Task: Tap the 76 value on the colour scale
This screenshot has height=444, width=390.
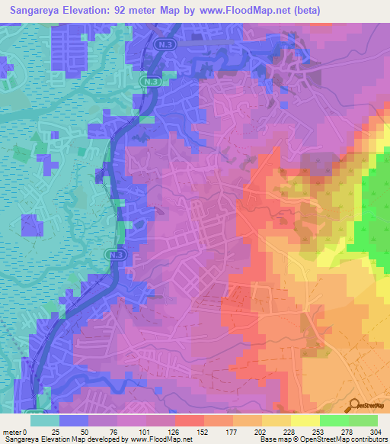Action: (104, 431)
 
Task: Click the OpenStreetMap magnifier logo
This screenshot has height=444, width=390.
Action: (353, 406)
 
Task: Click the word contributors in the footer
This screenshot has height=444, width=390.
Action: (366, 439)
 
